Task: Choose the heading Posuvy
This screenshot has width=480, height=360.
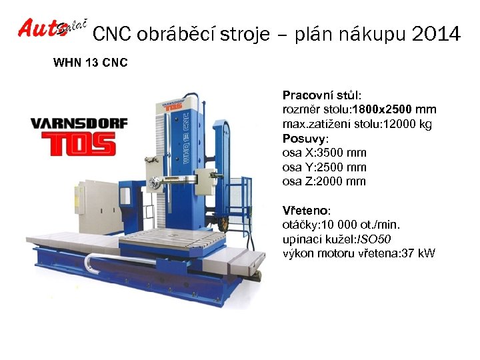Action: point(305,139)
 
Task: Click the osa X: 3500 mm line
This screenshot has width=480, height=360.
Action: point(324,153)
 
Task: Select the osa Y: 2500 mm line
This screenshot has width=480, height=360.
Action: point(324,167)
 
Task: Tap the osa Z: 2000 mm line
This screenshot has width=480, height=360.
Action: point(324,181)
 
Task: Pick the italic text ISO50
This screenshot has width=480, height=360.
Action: point(375,239)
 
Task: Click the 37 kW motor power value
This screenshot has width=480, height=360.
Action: point(420,253)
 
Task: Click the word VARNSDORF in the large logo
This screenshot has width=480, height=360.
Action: point(79,125)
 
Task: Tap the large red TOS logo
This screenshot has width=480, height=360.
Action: point(79,145)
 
